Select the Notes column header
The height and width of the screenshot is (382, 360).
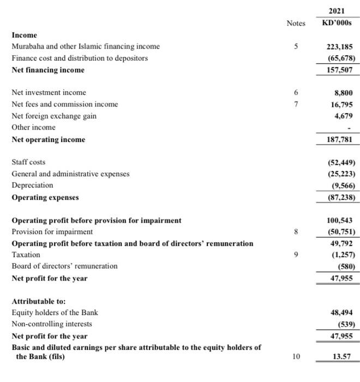tap(296, 23)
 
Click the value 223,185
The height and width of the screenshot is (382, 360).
tap(340, 46)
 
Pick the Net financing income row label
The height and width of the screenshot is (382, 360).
tap(48, 70)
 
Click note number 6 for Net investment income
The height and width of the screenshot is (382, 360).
tap(296, 93)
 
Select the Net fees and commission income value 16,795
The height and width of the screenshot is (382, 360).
tap(343, 104)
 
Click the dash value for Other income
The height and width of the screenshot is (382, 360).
tap(349, 128)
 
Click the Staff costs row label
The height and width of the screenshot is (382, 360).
tap(29, 162)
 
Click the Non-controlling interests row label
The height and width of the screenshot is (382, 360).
tap(52, 324)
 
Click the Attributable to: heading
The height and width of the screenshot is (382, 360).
tap(39, 301)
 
